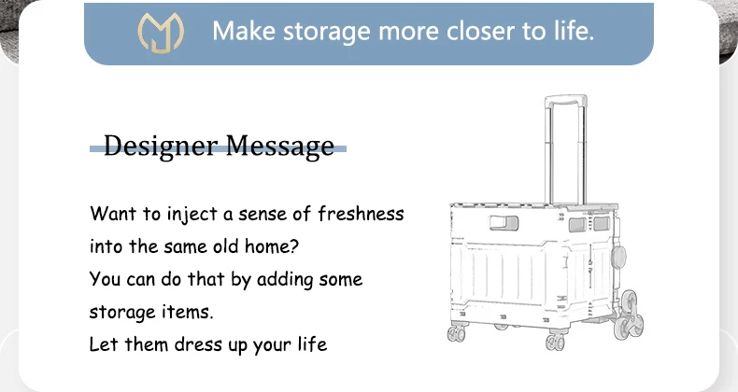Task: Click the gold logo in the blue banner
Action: pos(162,32)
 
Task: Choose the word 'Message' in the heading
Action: pos(277,146)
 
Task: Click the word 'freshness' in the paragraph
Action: pos(361,214)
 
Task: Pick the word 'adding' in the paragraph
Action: pos(281,279)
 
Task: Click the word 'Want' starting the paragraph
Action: pos(110,214)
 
